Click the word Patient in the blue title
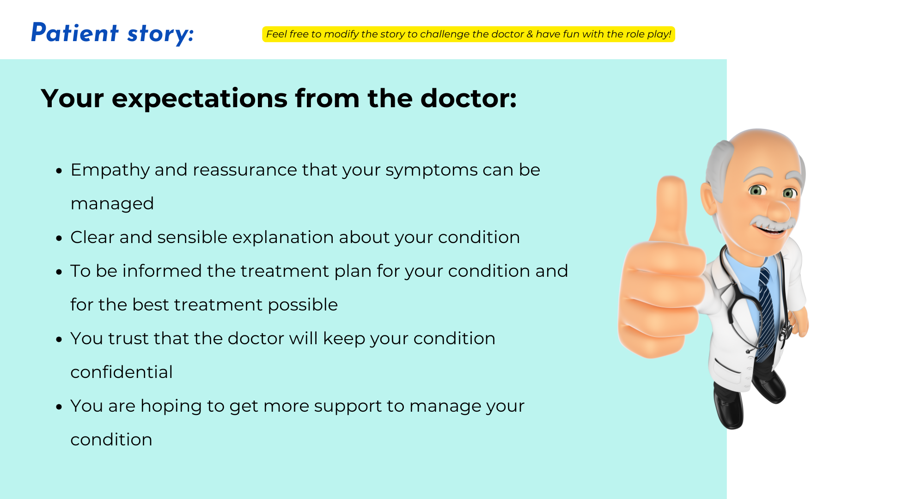(75, 33)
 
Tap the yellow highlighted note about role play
(469, 34)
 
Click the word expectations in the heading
(200, 99)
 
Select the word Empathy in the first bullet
(110, 170)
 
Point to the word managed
(112, 204)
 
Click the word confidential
(122, 372)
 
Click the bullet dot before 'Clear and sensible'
(59, 238)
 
